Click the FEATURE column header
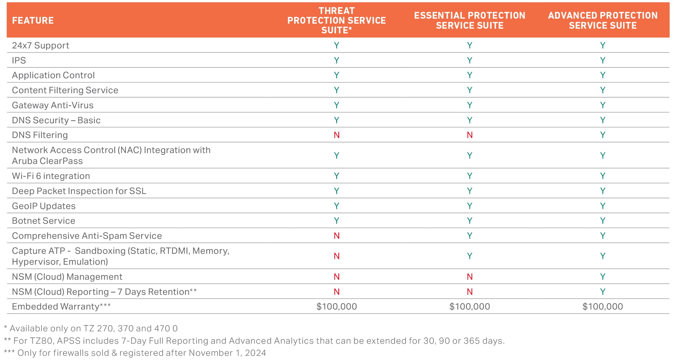pyautogui.click(x=33, y=20)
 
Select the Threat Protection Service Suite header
pyautogui.click(x=336, y=20)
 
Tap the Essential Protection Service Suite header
pyautogui.click(x=469, y=20)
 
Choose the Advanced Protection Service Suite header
pyautogui.click(x=602, y=20)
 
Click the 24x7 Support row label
pyautogui.click(x=41, y=45)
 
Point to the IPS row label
pyautogui.click(x=19, y=60)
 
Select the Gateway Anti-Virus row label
pyautogui.click(x=53, y=105)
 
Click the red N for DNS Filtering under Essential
pyautogui.click(x=469, y=135)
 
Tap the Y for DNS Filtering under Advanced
pyautogui.click(x=602, y=135)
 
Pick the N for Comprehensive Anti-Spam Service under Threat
pyautogui.click(x=337, y=236)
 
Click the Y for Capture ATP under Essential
pyautogui.click(x=469, y=256)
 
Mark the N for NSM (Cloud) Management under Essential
pyautogui.click(x=469, y=277)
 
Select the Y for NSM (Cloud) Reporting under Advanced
pyautogui.click(x=602, y=292)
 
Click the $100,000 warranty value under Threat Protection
pyautogui.click(x=337, y=307)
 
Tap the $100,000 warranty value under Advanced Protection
pyautogui.click(x=602, y=307)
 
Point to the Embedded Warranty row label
pyautogui.click(x=61, y=307)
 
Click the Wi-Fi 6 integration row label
pyautogui.click(x=51, y=176)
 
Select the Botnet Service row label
pyautogui.click(x=44, y=221)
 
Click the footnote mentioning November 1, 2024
pyautogui.click(x=135, y=353)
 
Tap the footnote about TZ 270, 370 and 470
pyautogui.click(x=91, y=328)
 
